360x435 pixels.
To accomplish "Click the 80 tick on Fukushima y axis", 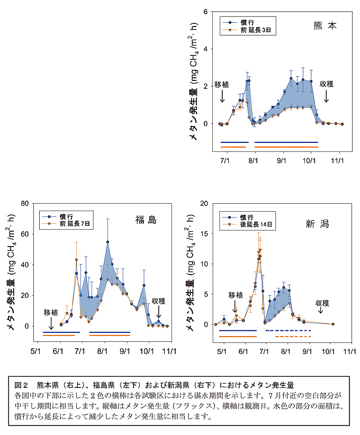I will tap(23, 203).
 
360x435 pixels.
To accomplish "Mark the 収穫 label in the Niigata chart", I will tap(322, 303).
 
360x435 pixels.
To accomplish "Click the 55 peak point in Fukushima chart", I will tap(107, 242).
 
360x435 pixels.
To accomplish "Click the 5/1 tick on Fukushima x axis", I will tap(37, 350).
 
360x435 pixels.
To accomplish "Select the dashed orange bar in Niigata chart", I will tap(293, 337).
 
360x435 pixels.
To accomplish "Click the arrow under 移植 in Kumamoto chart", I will tap(222, 96).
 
